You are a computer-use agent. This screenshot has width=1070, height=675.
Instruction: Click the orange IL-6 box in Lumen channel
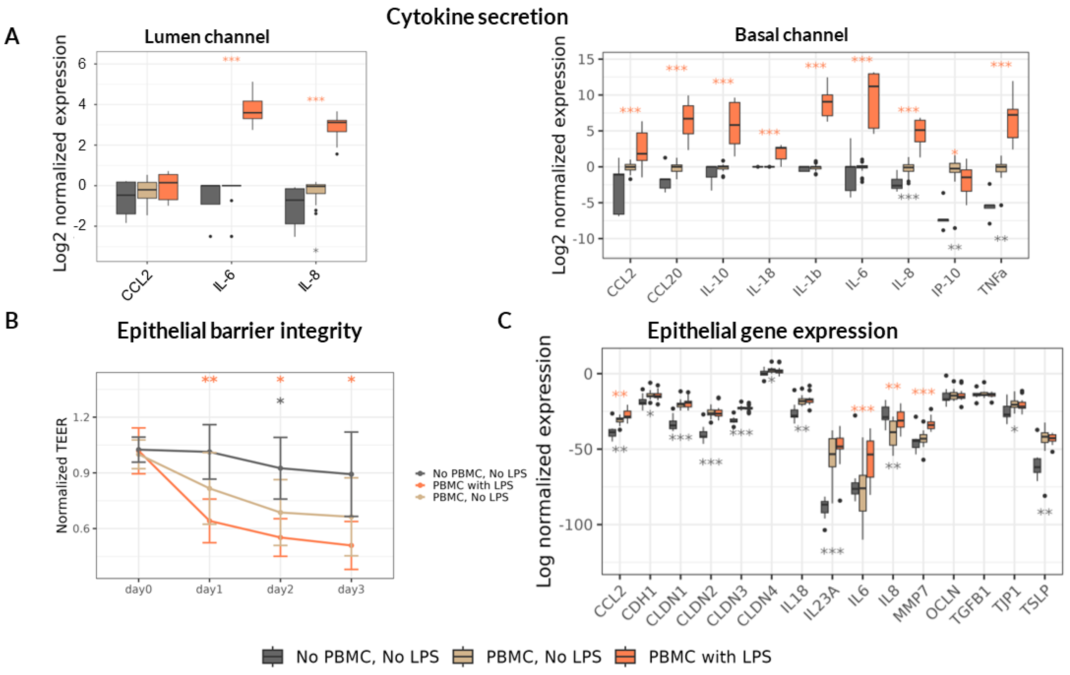coord(252,110)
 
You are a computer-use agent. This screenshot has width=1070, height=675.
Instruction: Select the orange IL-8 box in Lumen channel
coord(337,126)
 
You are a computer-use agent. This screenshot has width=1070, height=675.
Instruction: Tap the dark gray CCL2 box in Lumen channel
coord(126,198)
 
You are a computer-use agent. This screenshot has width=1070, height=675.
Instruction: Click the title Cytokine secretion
coord(477,17)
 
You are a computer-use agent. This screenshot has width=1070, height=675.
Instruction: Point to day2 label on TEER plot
coord(280,590)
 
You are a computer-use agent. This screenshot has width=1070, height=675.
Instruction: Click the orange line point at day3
coord(351,545)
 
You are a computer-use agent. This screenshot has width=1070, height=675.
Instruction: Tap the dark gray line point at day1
coord(209,452)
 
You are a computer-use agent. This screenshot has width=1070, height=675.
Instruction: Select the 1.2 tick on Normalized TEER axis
coord(81,417)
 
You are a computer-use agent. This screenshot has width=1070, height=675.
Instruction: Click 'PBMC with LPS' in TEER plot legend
coord(472,485)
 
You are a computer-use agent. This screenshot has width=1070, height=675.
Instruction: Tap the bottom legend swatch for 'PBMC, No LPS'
coord(463,656)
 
